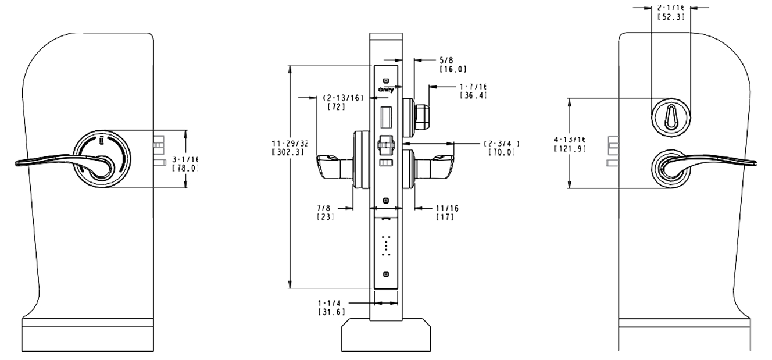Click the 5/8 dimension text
(446, 59)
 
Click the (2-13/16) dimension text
(343, 98)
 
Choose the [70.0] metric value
(502, 152)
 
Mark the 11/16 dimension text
(445, 208)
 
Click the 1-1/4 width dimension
(330, 303)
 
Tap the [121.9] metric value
(570, 148)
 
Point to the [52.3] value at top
(670, 17)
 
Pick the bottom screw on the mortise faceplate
(386, 273)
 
